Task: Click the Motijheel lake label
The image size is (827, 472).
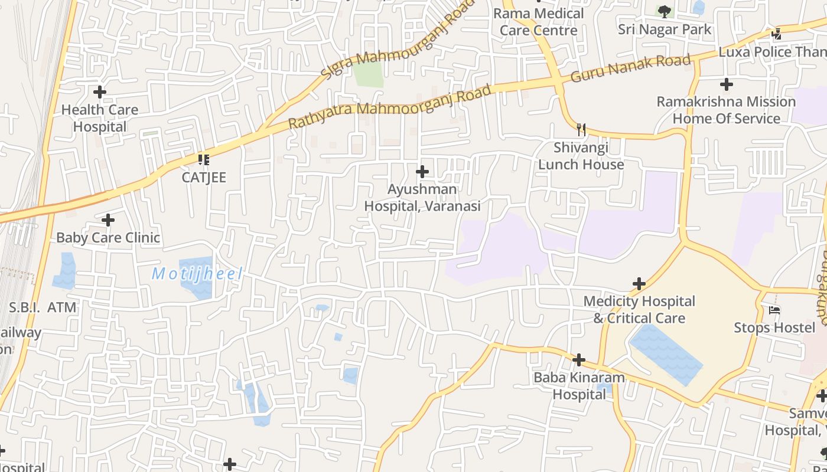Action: [197, 274]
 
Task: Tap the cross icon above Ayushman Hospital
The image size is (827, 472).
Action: [422, 172]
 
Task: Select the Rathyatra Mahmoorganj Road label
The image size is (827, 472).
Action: [390, 107]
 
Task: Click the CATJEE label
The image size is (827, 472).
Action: [204, 178]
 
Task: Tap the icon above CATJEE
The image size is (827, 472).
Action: [204, 159]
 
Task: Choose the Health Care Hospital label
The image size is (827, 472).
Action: [100, 118]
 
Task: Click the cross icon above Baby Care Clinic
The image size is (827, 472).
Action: [108, 220]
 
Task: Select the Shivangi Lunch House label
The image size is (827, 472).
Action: [581, 156]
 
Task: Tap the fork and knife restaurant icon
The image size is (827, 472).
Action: [581, 129]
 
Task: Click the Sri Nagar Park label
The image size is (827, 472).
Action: [665, 29]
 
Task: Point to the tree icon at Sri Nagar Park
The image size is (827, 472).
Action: [665, 11]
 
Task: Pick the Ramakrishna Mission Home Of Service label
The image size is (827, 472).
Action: [726, 110]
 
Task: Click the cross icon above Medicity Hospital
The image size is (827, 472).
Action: [639, 284]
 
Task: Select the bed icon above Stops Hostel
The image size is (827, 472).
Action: [774, 310]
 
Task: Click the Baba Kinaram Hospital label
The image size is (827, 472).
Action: [579, 386]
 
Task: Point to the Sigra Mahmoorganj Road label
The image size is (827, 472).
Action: [390, 40]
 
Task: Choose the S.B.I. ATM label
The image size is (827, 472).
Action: [43, 307]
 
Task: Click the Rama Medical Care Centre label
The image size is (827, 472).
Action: [538, 22]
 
